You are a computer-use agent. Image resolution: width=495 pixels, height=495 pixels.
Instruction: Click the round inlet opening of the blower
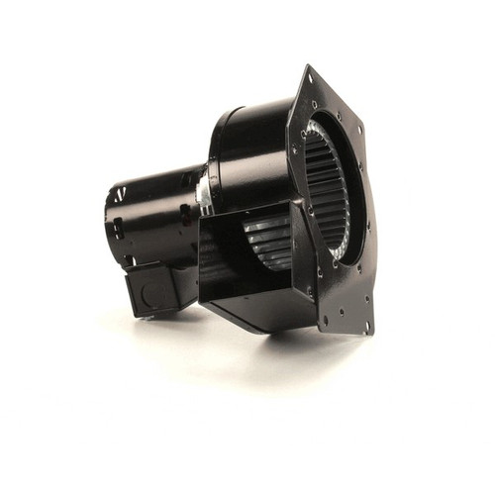point(332,193)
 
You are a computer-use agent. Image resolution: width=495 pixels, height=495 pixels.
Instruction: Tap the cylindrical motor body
point(158,213)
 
